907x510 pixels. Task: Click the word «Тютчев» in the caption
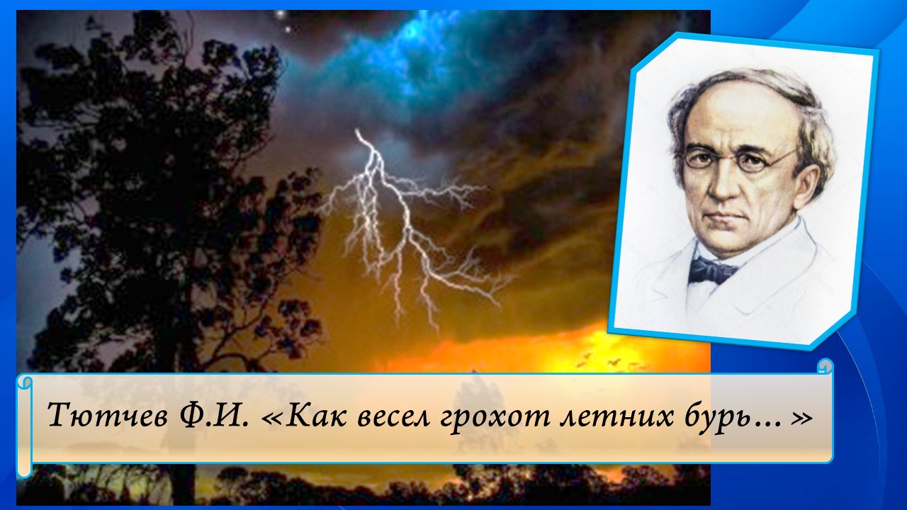point(103,416)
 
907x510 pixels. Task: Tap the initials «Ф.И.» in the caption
point(211,416)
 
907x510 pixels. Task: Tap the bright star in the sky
point(280,14)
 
